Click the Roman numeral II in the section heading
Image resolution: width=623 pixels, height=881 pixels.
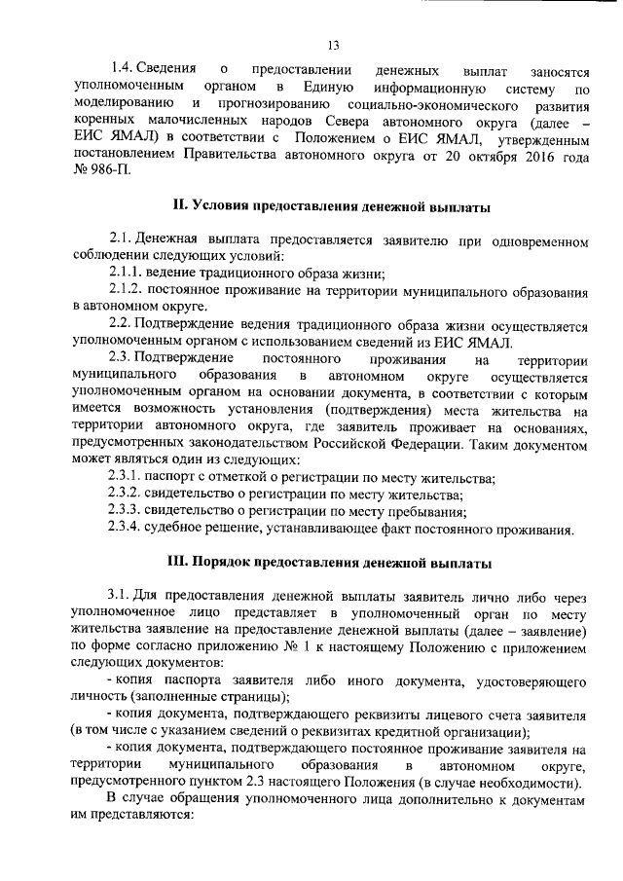(177, 207)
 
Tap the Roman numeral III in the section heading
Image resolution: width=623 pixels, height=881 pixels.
(180, 563)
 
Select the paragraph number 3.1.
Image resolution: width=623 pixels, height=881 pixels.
(120, 596)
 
